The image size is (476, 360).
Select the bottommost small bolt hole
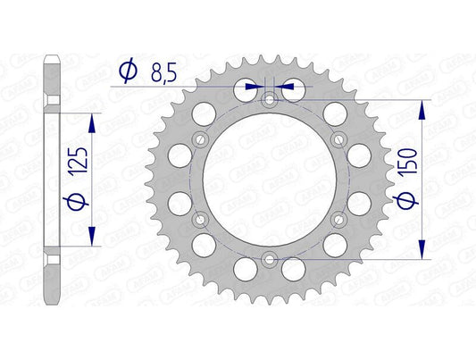click(x=269, y=260)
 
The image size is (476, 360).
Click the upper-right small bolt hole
click(x=338, y=138)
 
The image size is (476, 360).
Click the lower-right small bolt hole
click(x=338, y=219)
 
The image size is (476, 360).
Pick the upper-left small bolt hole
click(x=199, y=138)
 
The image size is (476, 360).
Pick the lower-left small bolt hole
click(x=199, y=219)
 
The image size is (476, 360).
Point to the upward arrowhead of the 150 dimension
click(x=420, y=105)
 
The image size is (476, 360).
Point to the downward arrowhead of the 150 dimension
click(x=420, y=252)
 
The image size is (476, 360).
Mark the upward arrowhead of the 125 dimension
click(x=91, y=120)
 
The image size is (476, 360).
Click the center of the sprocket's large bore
click(x=269, y=179)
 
